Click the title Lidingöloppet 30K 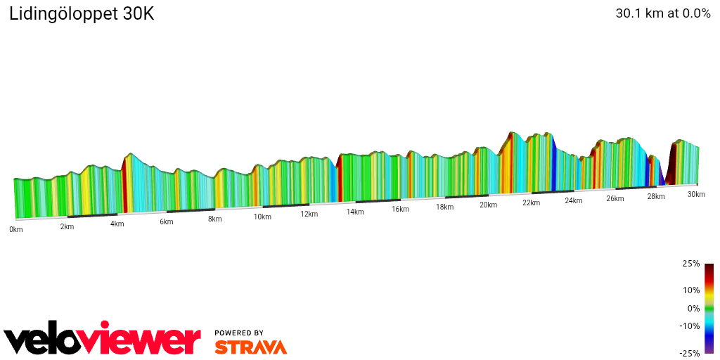pyautogui.click(x=82, y=14)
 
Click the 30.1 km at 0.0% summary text pyautogui.click(x=663, y=13)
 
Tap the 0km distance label pyautogui.click(x=15, y=230)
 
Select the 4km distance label pyautogui.click(x=117, y=224)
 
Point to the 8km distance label pyautogui.click(x=215, y=219)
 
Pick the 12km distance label pyautogui.click(x=309, y=214)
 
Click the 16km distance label pyautogui.click(x=401, y=210)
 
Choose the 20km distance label pyautogui.click(x=489, y=205)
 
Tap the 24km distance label pyautogui.click(x=574, y=200)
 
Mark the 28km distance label pyautogui.click(x=656, y=196)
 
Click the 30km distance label pyautogui.click(x=696, y=194)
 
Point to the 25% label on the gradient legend pyautogui.click(x=691, y=264)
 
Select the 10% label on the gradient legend pyautogui.click(x=691, y=290)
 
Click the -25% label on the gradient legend pyautogui.click(x=690, y=353)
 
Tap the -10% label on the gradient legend pyautogui.click(x=690, y=326)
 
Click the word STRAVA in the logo pyautogui.click(x=250, y=347)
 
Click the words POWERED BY pyautogui.click(x=239, y=333)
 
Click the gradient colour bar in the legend pyautogui.click(x=709, y=308)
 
